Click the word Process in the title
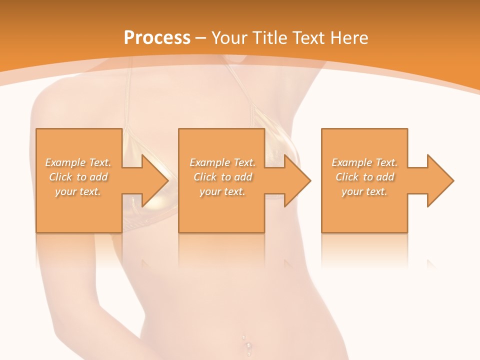coord(157,38)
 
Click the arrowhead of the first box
coord(153,180)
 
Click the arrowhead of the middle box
coord(295,180)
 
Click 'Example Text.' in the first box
coord(78,162)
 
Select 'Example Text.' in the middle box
coord(222,162)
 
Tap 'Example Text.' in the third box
coord(364,162)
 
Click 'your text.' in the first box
coord(78,191)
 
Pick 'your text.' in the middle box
coord(222,191)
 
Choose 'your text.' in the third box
coord(364,191)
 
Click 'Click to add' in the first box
coord(78,177)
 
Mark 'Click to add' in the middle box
coord(222,177)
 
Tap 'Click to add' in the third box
coord(364,177)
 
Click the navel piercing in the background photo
coord(246,345)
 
